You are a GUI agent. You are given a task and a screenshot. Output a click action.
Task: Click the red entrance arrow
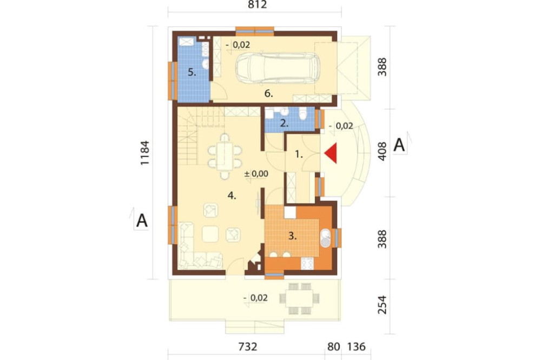click(x=331, y=154)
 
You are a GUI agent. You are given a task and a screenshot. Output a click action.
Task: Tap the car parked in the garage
click(x=278, y=68)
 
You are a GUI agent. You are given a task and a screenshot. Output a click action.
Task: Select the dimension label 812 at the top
click(x=258, y=5)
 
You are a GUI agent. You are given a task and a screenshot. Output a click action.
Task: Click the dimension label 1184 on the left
click(x=144, y=153)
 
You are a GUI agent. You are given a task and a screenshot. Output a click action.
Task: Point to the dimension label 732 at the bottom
click(x=248, y=346)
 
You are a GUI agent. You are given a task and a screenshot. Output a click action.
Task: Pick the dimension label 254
click(x=382, y=305)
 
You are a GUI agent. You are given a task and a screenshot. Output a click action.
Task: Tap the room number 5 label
click(x=192, y=72)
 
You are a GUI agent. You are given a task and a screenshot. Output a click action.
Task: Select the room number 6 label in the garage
click(x=268, y=94)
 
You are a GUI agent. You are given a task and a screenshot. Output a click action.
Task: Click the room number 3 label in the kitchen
click(x=292, y=236)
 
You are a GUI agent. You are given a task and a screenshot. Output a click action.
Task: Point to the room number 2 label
click(x=284, y=123)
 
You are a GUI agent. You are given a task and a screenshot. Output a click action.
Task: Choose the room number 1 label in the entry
click(x=299, y=155)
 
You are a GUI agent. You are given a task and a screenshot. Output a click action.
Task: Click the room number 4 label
click(x=232, y=196)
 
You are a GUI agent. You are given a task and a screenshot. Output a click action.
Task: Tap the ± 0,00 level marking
click(x=256, y=174)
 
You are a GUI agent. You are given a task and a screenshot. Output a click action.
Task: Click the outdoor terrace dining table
click(x=299, y=298)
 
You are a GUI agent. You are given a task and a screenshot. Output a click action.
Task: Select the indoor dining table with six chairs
click(x=225, y=156)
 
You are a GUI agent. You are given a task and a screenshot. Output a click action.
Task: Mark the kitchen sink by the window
click(x=325, y=238)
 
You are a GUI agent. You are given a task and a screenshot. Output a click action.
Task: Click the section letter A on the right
click(x=399, y=145)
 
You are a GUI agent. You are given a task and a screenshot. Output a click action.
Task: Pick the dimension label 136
click(x=356, y=346)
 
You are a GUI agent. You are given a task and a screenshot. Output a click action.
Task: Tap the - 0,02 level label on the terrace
click(x=255, y=298)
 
